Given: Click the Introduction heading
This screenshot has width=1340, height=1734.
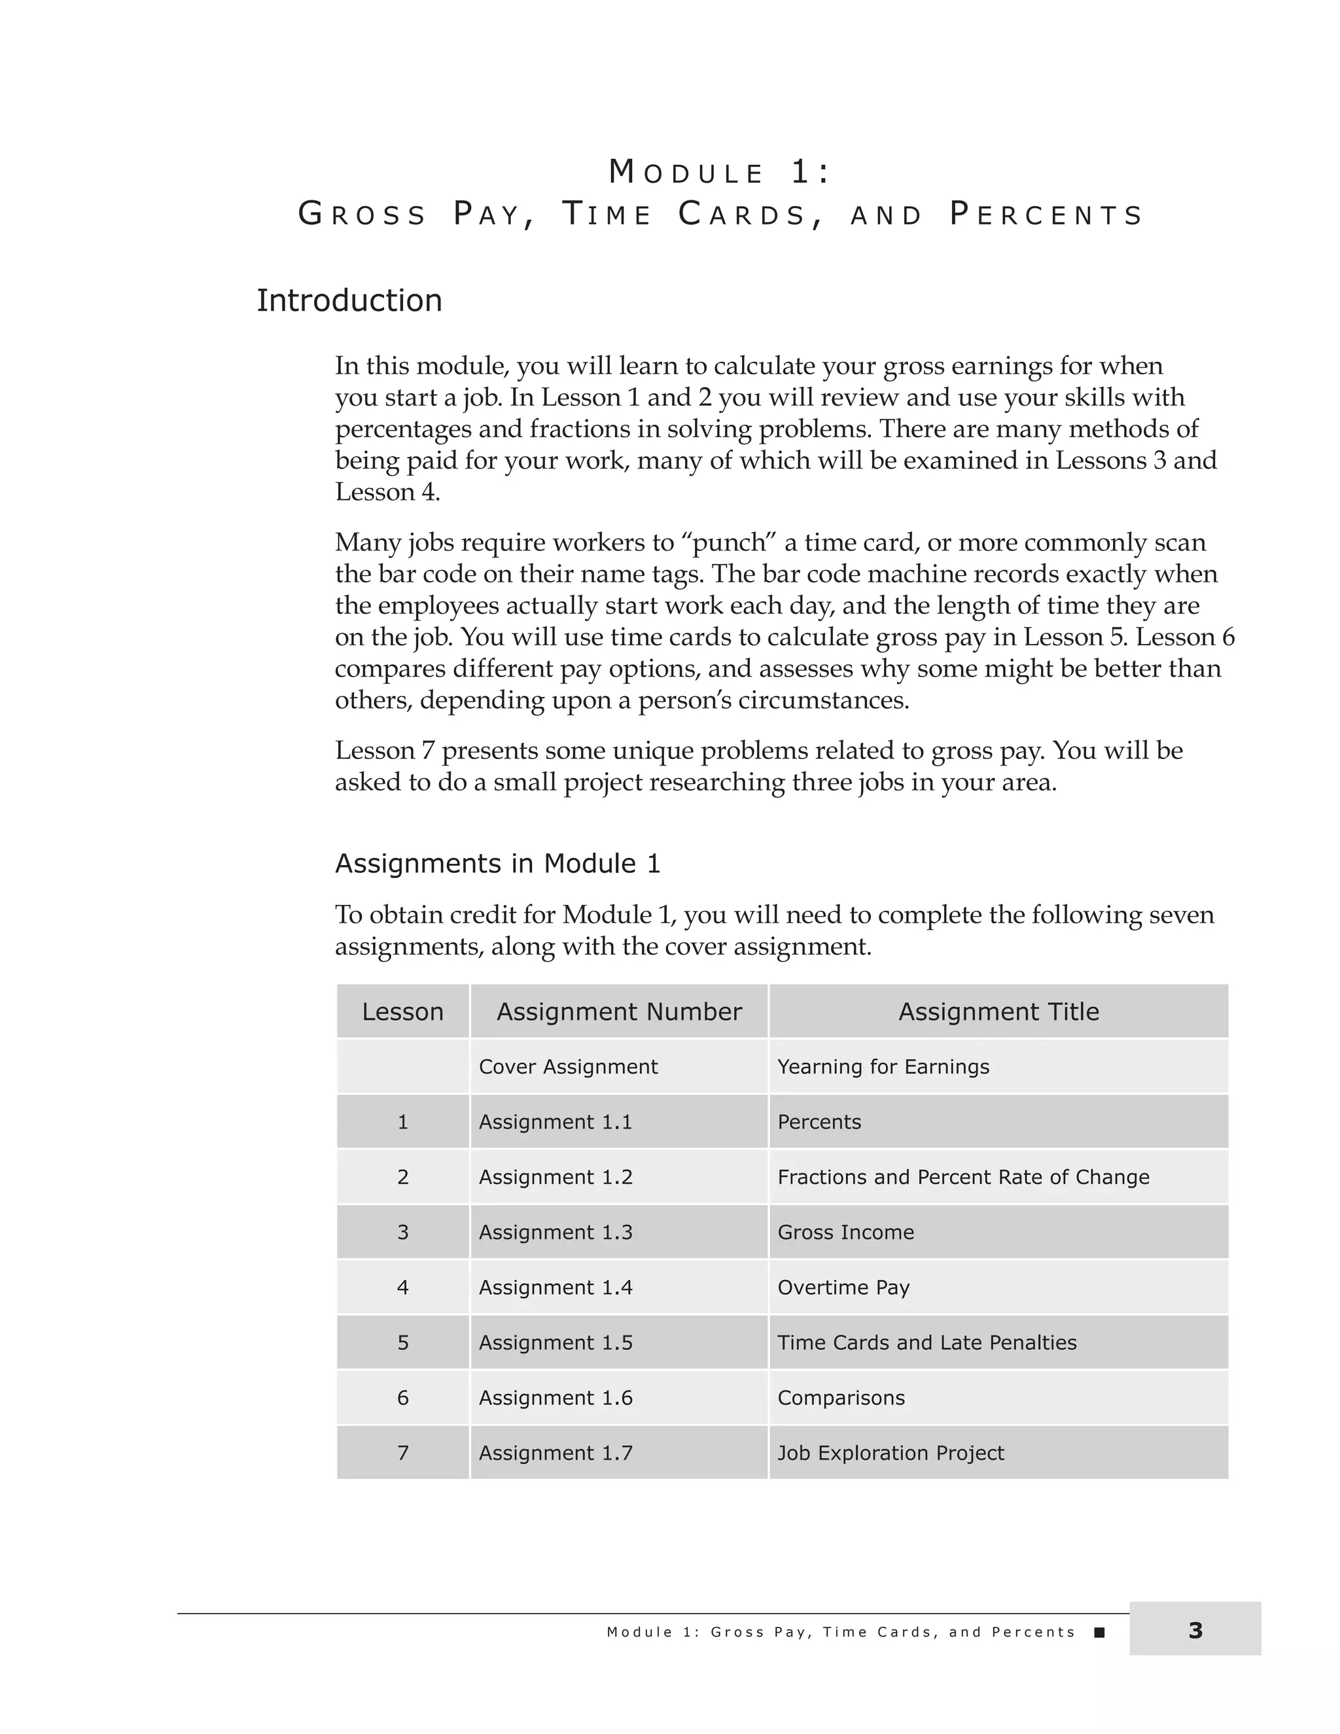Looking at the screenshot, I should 349,301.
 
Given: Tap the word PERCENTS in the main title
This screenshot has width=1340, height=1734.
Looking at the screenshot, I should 1046,215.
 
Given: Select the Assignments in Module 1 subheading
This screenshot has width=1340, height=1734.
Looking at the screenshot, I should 497,863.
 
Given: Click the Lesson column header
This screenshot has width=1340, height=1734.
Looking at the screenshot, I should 402,1012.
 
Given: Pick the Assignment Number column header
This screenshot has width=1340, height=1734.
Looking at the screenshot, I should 618,1012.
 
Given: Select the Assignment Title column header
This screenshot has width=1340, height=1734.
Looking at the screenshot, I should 998,1012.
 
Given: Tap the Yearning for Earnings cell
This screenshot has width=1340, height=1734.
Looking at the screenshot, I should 883,1067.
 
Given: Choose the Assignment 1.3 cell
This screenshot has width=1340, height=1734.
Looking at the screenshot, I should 555,1232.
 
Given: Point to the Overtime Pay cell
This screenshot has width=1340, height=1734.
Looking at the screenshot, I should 843,1287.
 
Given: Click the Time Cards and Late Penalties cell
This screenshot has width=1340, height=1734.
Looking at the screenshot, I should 926,1343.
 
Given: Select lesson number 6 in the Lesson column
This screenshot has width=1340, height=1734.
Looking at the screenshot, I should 402,1398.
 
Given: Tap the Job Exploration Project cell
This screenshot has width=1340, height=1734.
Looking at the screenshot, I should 890,1453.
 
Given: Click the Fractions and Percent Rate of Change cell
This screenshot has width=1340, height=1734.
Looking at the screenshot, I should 963,1177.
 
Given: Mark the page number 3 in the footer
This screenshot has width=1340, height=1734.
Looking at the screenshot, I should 1195,1631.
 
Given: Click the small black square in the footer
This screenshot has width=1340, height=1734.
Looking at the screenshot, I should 1099,1633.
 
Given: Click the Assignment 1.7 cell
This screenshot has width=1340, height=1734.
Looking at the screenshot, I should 555,1453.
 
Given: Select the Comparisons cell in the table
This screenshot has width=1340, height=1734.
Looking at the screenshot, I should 841,1398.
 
